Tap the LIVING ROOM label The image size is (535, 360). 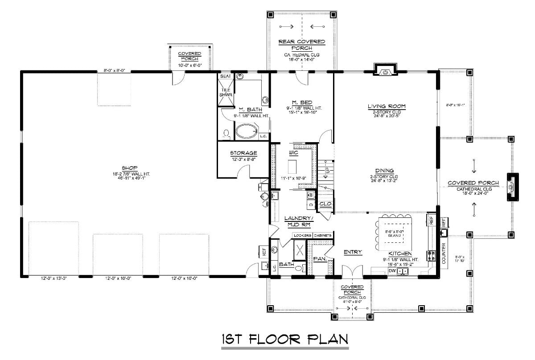coord(386,106)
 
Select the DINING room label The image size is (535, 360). coord(384,170)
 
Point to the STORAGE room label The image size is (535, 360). coord(243,153)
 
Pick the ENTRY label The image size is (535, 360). coord(353,252)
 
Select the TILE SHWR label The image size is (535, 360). coord(226,93)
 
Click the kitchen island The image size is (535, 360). coord(395,233)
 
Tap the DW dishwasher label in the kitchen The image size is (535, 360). coord(392,270)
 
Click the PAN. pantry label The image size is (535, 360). coord(319,258)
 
